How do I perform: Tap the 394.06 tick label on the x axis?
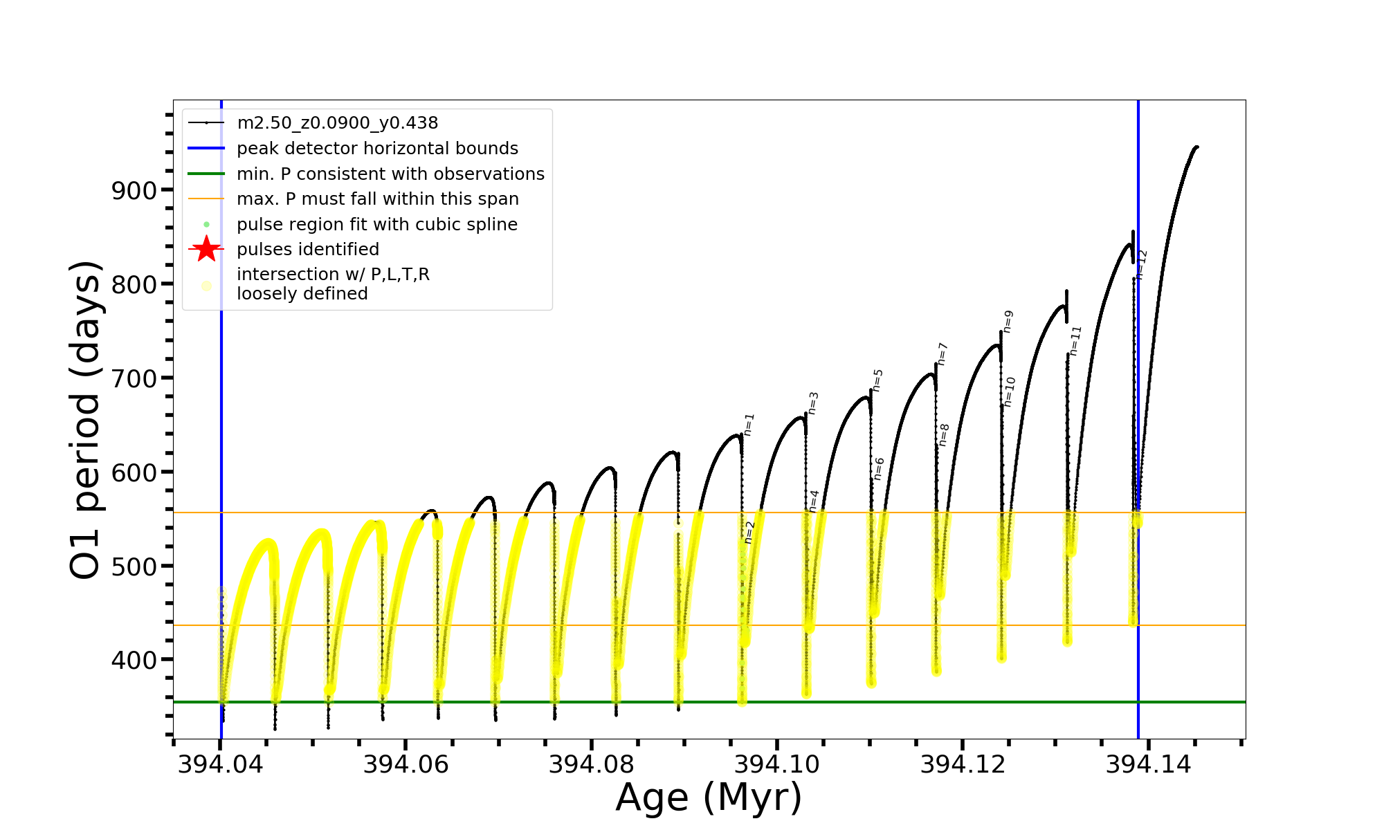coord(406,764)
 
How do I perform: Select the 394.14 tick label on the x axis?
coord(1148,764)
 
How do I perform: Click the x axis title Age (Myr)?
coord(709,797)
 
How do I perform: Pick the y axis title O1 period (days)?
coord(86,420)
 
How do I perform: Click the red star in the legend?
coord(206,249)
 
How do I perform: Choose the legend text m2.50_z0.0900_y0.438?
coord(337,123)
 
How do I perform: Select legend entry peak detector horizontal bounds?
coord(377,149)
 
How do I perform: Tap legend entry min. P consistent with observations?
coord(390,174)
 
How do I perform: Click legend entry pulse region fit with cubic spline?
coord(376,225)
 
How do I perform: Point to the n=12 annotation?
coord(1142,264)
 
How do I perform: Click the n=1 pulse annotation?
coord(749,425)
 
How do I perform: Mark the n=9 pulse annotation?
coord(1008,322)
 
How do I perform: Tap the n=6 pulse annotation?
coord(879,469)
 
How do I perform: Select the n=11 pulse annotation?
coord(1075,341)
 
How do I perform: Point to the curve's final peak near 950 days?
coord(1196,147)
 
